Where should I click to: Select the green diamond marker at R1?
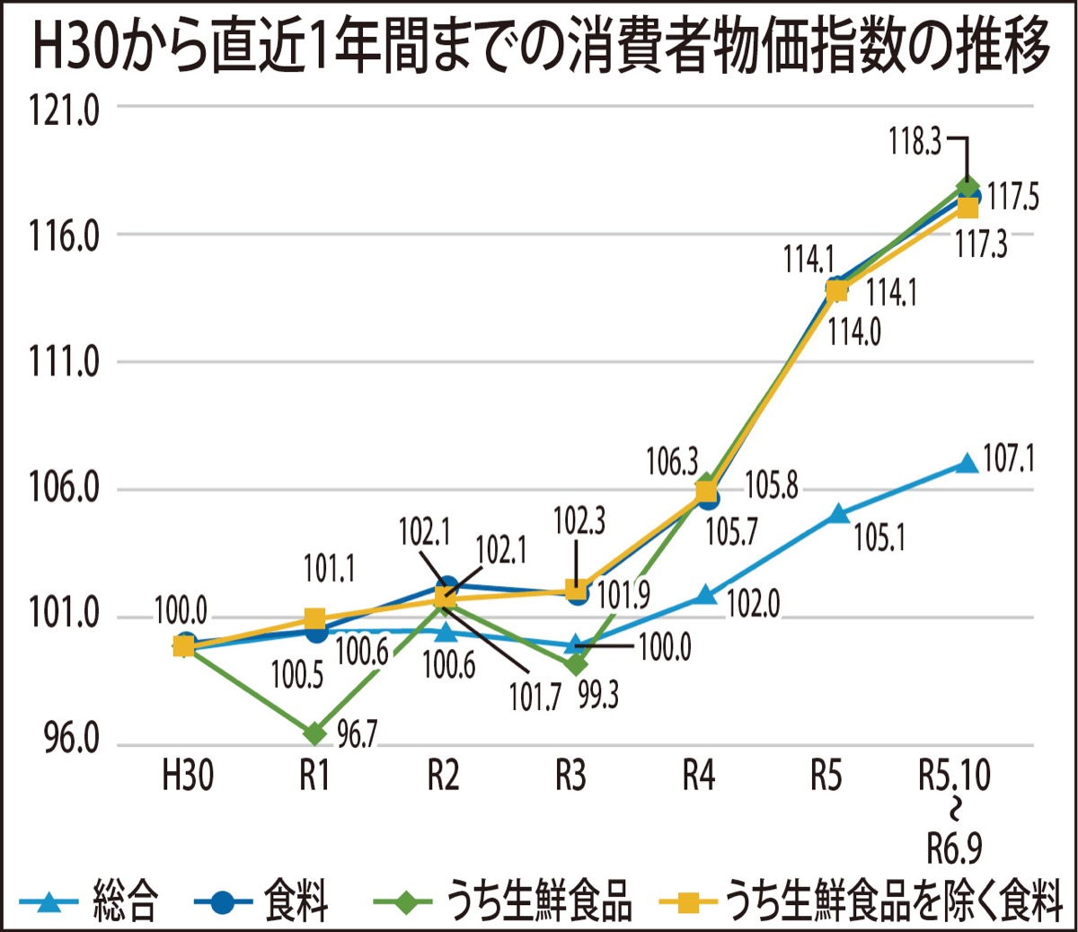[x=315, y=733]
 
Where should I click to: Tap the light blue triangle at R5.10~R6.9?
[x=967, y=464]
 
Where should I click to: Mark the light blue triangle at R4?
[x=706, y=594]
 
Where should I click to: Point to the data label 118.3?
[x=915, y=142]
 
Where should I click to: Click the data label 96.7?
[x=357, y=736]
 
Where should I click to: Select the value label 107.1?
[x=1008, y=460]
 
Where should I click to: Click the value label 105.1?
[x=879, y=538]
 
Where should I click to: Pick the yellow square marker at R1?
[x=315, y=618]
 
